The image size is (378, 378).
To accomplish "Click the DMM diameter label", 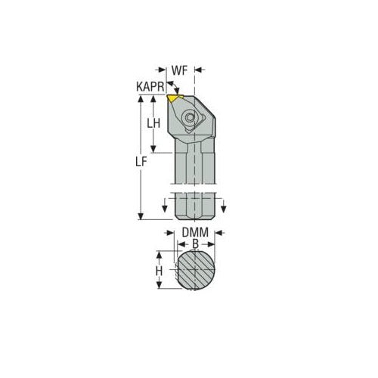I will pyautogui.click(x=195, y=234).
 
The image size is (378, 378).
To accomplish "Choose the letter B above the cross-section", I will pyautogui.click(x=195, y=244).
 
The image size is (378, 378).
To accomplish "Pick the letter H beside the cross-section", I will pyautogui.click(x=159, y=271).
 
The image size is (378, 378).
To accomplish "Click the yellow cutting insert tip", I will pyautogui.click(x=176, y=98).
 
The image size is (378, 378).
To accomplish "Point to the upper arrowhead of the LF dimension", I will pyautogui.click(x=141, y=100).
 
